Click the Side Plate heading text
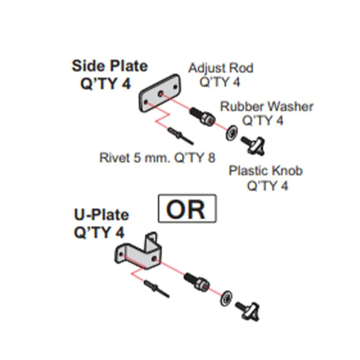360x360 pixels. point(109,66)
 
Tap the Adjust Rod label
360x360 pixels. point(220,68)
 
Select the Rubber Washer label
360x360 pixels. point(266,106)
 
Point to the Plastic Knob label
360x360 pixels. point(265,170)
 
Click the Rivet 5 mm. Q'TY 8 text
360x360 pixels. point(157,157)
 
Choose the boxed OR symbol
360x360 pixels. point(187,209)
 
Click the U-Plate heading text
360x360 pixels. point(101,215)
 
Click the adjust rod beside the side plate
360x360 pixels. point(201,116)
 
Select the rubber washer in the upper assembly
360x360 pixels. point(231,132)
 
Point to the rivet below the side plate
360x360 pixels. point(180,135)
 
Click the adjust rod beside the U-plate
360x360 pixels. point(196,281)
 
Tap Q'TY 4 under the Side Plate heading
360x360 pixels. point(105,84)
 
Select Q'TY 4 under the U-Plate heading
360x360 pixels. point(99,232)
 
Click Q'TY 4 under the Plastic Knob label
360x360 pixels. point(267,186)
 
